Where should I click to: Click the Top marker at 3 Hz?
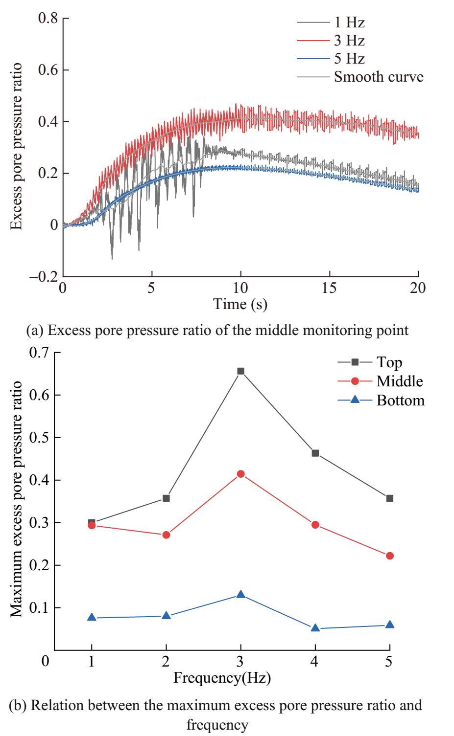[240, 371]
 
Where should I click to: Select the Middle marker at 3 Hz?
[240, 474]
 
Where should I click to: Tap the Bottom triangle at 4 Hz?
[315, 628]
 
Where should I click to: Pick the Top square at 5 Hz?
[390, 498]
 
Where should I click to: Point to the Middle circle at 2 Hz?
[166, 535]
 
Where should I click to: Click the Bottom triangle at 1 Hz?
[92, 618]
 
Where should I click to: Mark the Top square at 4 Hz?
[315, 453]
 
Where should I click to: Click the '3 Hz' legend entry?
[349, 40]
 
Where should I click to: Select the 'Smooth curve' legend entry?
[378, 76]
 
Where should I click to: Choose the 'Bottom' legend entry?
[400, 401]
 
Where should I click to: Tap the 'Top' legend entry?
[389, 362]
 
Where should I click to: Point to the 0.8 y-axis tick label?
[47, 19]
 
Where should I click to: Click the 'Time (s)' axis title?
[240, 304]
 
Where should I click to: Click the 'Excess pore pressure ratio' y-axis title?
[18, 146]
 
